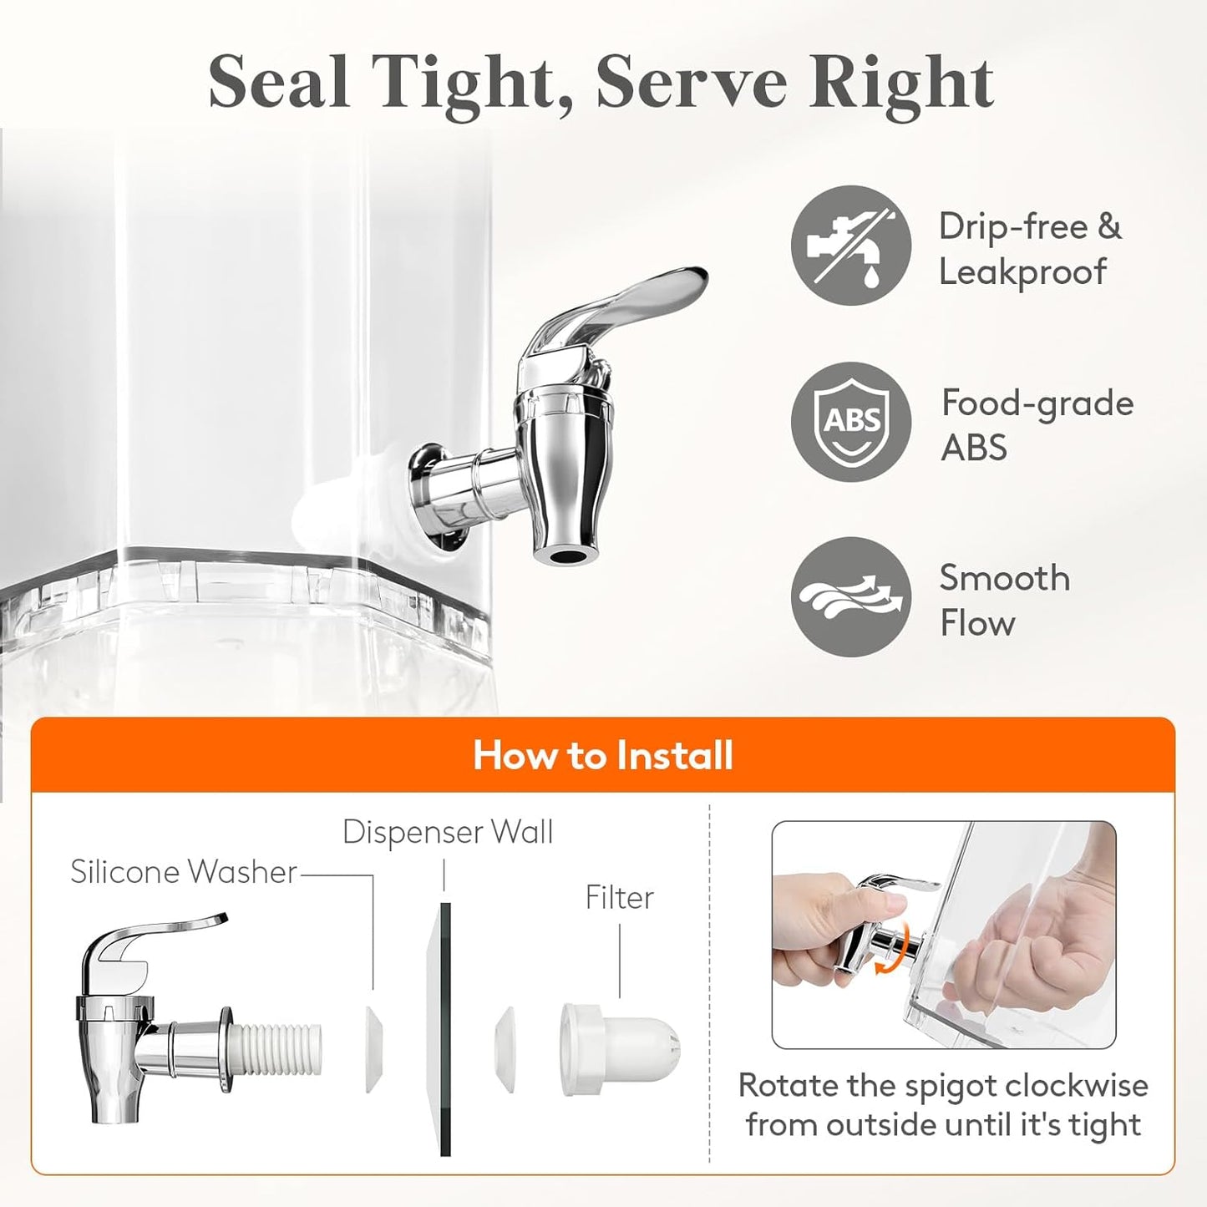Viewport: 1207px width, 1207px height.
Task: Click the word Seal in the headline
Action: pyautogui.click(x=279, y=83)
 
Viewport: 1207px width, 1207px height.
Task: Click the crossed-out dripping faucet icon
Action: pyautogui.click(x=851, y=246)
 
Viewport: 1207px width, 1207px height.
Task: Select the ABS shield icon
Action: pyautogui.click(x=851, y=422)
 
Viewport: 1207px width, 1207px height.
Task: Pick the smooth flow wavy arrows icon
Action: pyautogui.click(x=851, y=597)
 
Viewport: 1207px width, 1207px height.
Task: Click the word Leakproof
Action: pyautogui.click(x=1022, y=273)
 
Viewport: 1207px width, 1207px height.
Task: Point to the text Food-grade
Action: pyautogui.click(x=1037, y=404)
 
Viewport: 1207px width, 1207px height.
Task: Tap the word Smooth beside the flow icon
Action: pyautogui.click(x=1005, y=577)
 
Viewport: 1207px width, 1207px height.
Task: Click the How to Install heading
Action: pyautogui.click(x=602, y=755)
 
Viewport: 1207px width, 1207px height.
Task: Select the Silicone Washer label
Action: pyautogui.click(x=184, y=872)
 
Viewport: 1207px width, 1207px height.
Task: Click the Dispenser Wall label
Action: pyautogui.click(x=448, y=833)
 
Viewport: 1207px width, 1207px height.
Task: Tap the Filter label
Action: pyautogui.click(x=620, y=898)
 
